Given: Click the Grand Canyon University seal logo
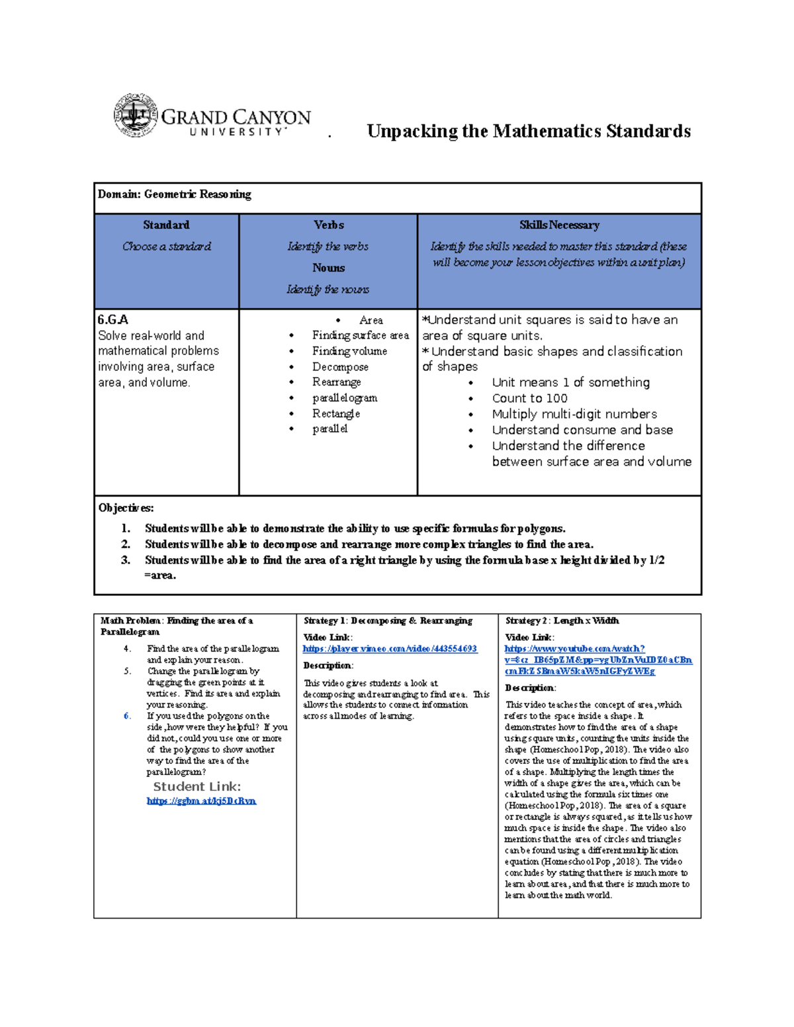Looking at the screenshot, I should pos(136,115).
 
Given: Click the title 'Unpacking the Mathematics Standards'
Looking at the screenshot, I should pos(528,131).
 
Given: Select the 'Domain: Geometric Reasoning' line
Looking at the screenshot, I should pos(175,194).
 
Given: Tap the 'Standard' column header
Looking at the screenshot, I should pos(166,226).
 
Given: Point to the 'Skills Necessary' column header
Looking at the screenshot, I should pos(559,226).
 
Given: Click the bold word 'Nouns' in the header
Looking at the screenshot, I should pos(329,268).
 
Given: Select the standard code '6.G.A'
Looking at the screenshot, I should pos(113,320).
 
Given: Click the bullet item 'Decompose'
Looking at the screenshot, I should pos(340,367).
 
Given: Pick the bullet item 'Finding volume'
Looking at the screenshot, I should pos(349,351).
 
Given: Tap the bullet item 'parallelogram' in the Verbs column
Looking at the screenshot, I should pos(345,398).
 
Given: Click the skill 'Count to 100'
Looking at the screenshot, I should pos(529,398).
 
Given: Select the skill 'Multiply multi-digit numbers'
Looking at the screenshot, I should pos(574,414).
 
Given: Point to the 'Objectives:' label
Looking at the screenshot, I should pos(126,508).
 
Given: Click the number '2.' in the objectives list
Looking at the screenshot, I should pos(126,544).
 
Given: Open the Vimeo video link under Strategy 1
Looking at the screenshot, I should pos(390,649).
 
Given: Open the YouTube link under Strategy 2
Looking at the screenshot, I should pos(597,660).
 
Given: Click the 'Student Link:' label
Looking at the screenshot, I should pos(197,787).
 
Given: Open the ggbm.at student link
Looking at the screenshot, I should pos(201,801).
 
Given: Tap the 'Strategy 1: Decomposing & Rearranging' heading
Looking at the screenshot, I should pos(388,621).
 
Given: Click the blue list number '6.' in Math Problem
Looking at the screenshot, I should pos(127,716).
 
